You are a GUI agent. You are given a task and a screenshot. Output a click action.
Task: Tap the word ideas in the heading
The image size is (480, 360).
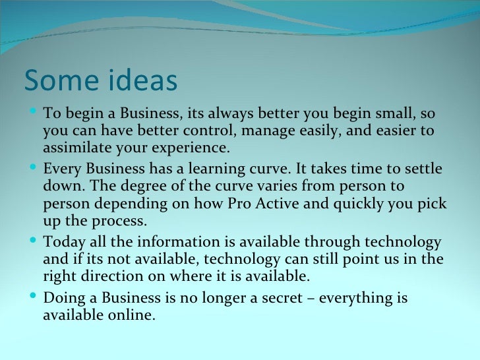139,80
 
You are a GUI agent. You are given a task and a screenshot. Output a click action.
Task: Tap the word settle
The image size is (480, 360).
417,168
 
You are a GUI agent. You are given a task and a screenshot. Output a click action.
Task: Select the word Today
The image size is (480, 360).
62,241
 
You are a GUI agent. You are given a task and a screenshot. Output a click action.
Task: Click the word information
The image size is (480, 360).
179,241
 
